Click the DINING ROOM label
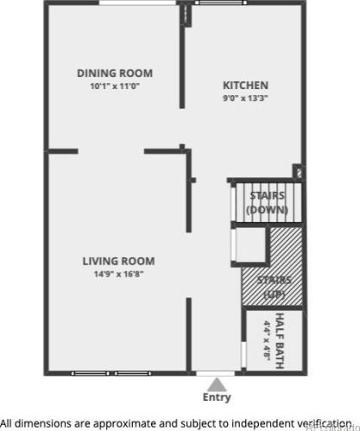[x=115, y=73]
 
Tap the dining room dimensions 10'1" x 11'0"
[x=115, y=86]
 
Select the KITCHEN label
[x=245, y=86]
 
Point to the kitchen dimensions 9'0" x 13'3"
[x=245, y=98]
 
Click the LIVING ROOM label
[x=118, y=261]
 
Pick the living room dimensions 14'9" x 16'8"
[x=118, y=274]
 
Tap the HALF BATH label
[x=280, y=341]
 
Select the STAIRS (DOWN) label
[x=268, y=203]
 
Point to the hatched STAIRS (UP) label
[x=275, y=287]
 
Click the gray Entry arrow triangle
[x=217, y=385]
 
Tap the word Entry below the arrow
[x=217, y=397]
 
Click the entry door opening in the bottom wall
[x=215, y=374]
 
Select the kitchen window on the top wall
[x=221, y=3]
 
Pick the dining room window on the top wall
[x=138, y=3]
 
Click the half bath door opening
[x=243, y=355]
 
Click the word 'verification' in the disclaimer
[x=324, y=423]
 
